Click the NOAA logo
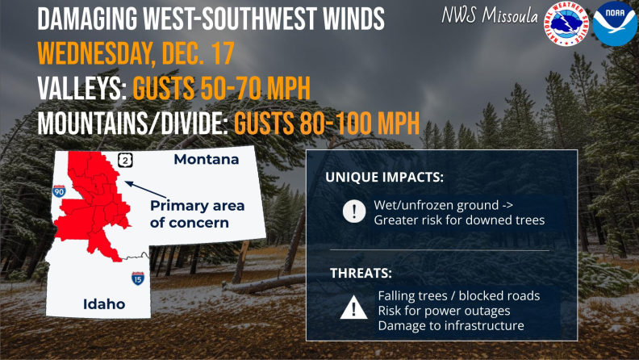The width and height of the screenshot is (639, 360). pos(615,23)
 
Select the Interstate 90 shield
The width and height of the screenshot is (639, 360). pos(59,191)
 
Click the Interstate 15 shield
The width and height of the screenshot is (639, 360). pos(138,279)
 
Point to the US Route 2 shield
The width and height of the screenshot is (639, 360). pos(125,159)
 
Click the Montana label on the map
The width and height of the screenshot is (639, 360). pos(206,160)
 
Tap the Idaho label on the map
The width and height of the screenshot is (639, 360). pos(104,303)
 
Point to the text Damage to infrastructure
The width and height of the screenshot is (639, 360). pos(450,325)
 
